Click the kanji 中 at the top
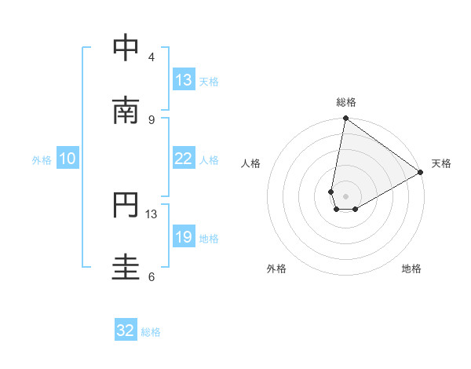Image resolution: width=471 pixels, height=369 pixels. coord(126,49)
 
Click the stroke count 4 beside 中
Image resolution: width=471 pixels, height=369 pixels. coord(151,57)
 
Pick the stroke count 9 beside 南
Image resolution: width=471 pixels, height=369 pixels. coord(151,119)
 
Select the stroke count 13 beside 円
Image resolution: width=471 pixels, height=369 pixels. coord(152,214)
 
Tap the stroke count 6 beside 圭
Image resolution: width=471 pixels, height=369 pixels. coord(151,276)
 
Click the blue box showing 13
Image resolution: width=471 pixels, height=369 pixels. coord(183,79)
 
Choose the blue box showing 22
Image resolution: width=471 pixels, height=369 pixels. coord(183,159)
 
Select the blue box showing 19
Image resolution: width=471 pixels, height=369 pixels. coord(183,236)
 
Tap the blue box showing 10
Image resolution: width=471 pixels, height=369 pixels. coord(68,159)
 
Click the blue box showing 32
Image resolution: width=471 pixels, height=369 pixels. coord(126,331)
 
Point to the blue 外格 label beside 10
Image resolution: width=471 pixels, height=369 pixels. coord(42,160)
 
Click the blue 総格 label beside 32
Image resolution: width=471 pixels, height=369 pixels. coord(151,332)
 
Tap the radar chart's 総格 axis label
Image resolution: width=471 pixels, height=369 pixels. coord(346,102)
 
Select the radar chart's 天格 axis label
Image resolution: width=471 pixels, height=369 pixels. coord(441,163)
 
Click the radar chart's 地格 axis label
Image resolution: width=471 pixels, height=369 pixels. coord(411,269)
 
